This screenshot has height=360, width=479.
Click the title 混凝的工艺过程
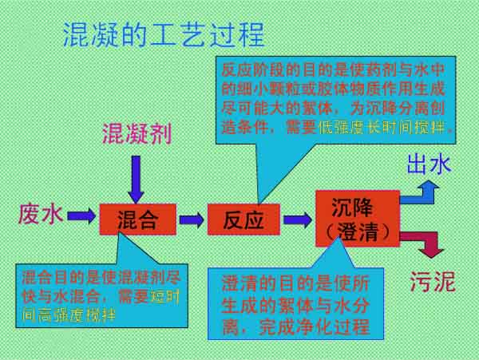163,34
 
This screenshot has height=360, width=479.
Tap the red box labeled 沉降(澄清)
357,218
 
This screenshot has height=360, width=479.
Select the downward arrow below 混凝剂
136,178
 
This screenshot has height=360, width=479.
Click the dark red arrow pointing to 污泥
422,241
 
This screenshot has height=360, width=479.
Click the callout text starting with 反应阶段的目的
336,96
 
